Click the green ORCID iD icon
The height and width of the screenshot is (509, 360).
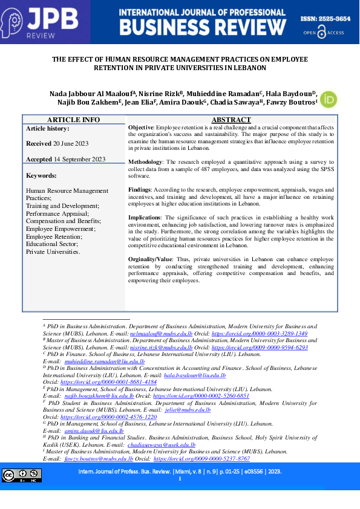click(x=328, y=100)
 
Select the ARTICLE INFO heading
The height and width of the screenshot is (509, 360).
click(x=74, y=120)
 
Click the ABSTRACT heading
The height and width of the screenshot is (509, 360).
click(x=232, y=120)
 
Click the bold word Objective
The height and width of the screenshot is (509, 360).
click(x=141, y=129)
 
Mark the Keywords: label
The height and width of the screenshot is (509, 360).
click(x=41, y=175)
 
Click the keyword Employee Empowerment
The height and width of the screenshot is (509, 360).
click(x=61, y=229)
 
